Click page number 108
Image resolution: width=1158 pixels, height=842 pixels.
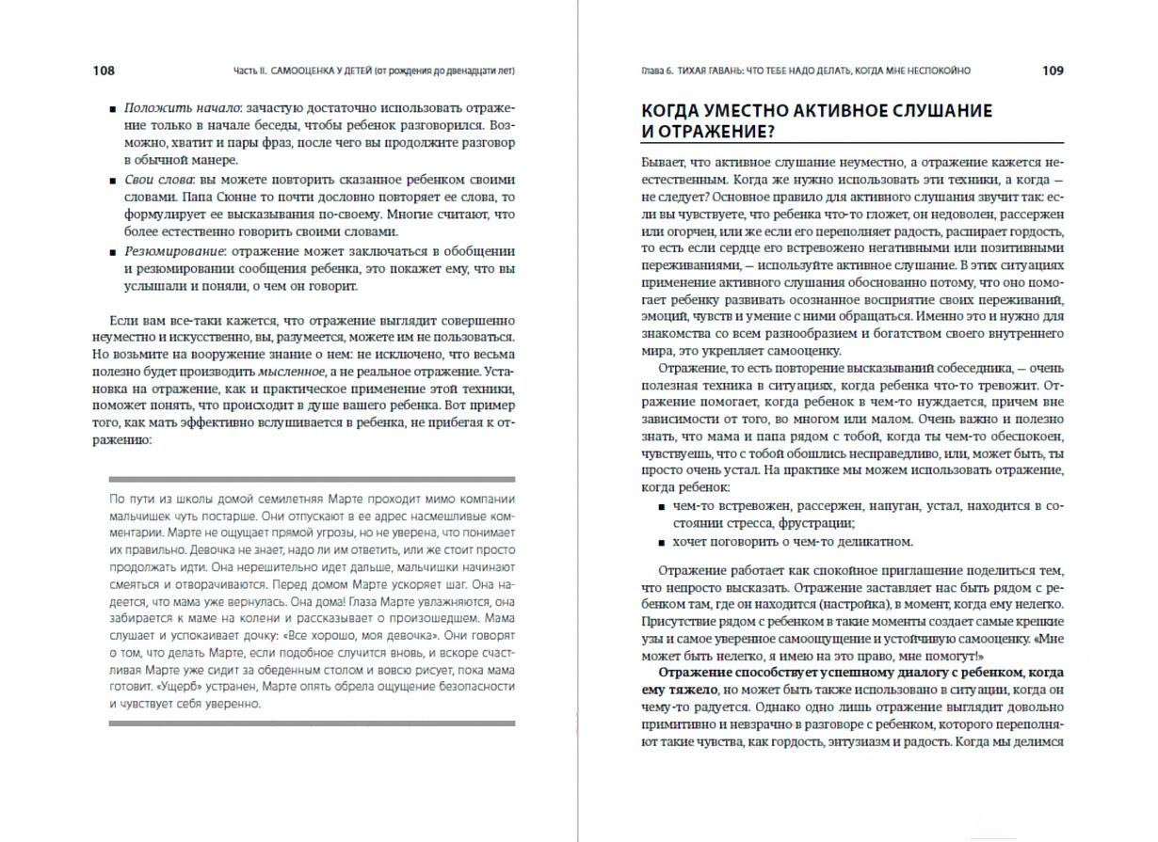point(104,71)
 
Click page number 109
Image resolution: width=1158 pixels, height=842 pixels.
point(1053,71)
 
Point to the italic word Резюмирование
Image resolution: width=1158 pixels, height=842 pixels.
point(172,250)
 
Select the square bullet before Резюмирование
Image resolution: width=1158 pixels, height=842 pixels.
point(113,251)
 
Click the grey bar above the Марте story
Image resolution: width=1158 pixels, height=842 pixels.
point(312,479)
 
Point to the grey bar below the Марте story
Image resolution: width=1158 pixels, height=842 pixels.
point(312,723)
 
